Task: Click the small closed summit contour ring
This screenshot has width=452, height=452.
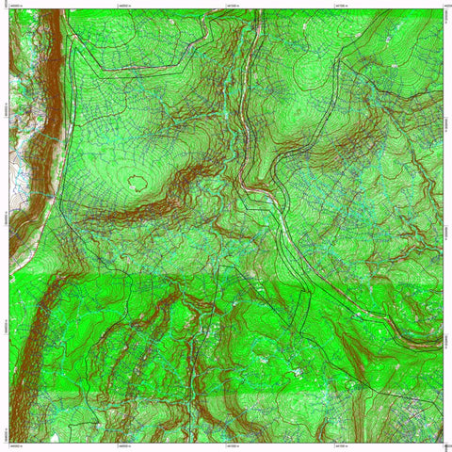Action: click(141, 179)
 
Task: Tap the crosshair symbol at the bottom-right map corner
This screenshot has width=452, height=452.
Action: click(444, 442)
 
